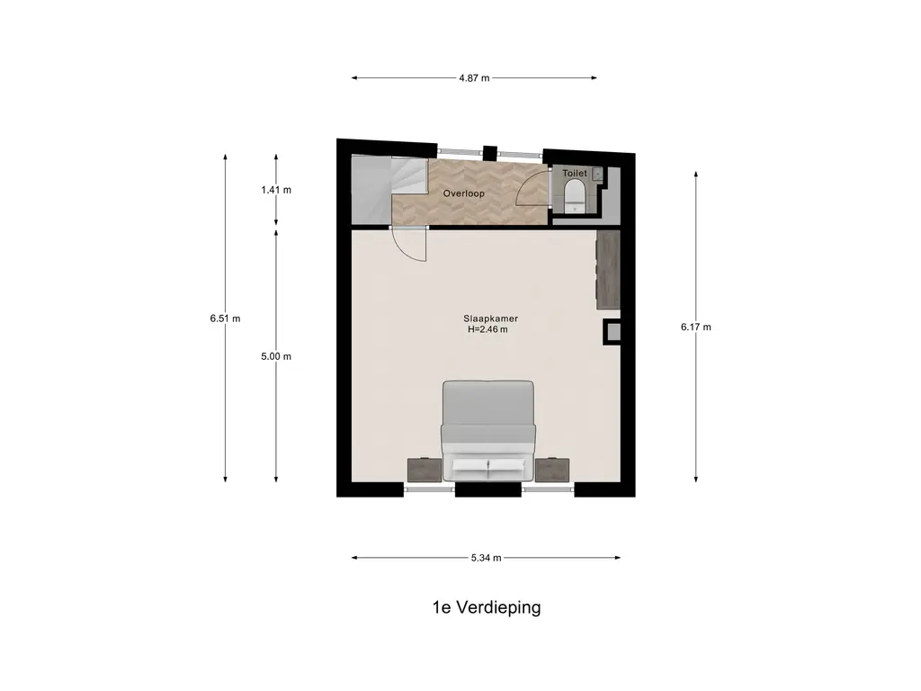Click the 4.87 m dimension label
pos(474,77)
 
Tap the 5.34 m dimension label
pos(486,558)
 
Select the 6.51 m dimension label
pos(225,319)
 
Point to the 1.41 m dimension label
pos(276,190)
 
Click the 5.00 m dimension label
pos(276,356)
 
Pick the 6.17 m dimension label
pos(696,327)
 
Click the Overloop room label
pos(463,193)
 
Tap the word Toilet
pos(575,174)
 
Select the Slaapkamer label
pos(490,319)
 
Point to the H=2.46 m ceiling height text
pos(487,329)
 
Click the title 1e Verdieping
pos(487,607)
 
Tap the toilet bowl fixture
pos(573,195)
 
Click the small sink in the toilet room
pos(597,174)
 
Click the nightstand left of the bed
pos(425,471)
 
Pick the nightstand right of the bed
pos(552,471)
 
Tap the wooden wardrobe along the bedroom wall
pos(608,270)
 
